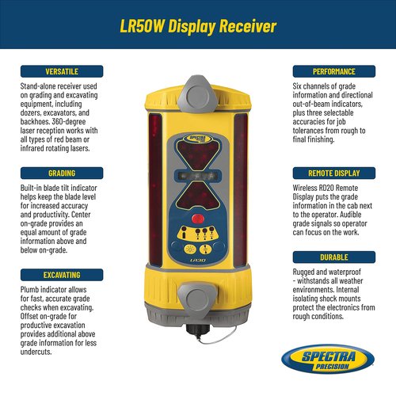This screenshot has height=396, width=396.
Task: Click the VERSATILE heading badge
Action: tap(62, 71)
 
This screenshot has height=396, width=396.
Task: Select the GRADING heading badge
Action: tap(62, 173)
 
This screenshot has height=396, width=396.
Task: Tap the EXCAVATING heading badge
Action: tap(62, 275)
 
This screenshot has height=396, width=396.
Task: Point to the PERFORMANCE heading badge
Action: tap(334, 71)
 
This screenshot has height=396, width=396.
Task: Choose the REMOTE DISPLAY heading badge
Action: tap(334, 173)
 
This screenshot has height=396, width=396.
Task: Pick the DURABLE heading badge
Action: tap(334, 257)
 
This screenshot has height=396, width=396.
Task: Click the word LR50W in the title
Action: tap(142, 26)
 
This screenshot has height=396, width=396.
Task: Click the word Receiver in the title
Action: tap(248, 26)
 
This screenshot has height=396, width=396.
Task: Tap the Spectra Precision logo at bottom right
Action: tap(328, 359)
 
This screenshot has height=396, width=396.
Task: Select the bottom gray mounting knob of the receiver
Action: tap(197, 299)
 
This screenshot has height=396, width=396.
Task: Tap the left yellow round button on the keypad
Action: tap(190, 249)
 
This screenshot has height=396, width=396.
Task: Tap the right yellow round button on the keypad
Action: tap(205, 249)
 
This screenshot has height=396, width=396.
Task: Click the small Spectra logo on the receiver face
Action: tap(197, 139)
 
